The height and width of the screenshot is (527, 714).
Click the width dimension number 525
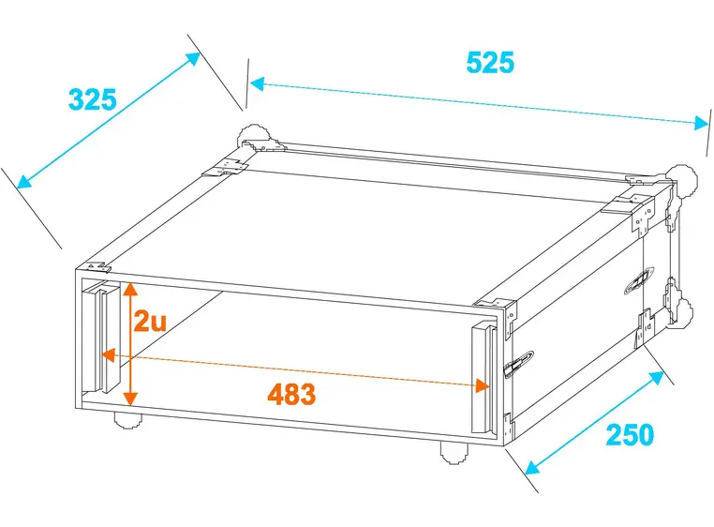tap(490, 62)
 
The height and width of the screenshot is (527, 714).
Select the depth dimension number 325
tap(92, 98)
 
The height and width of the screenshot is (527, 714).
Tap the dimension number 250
tap(629, 434)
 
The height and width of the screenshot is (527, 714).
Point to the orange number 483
tap(291, 394)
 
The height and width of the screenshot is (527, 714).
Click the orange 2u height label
tap(149, 323)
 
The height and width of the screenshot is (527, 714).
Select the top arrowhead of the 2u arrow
tap(131, 287)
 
